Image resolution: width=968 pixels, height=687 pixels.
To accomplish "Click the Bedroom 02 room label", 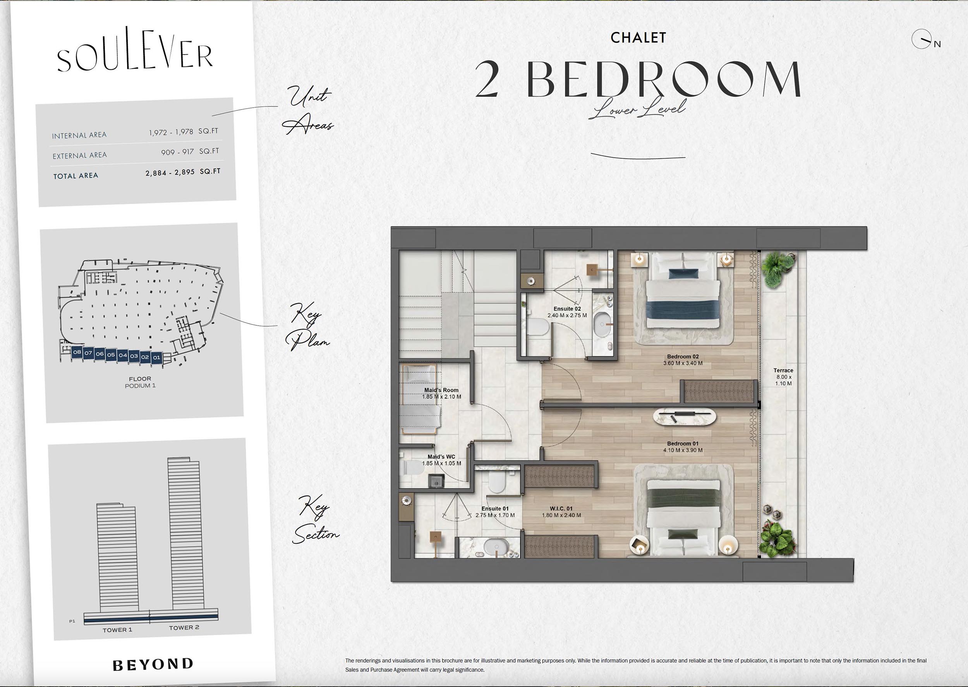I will pyautogui.click(x=683, y=357).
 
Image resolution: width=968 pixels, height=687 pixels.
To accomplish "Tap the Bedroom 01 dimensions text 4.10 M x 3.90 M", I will pyautogui.click(x=683, y=450).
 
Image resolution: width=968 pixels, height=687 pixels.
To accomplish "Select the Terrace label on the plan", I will pyautogui.click(x=783, y=370).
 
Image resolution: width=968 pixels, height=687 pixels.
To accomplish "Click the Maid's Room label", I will pyautogui.click(x=441, y=390).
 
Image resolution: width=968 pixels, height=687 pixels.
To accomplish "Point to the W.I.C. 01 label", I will pyautogui.click(x=561, y=508).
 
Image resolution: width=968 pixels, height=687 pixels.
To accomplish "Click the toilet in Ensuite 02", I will pyautogui.click(x=537, y=327).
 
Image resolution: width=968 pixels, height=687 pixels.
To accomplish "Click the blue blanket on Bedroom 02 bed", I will pyautogui.click(x=683, y=311).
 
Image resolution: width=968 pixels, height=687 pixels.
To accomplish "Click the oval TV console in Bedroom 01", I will pyautogui.click(x=685, y=417).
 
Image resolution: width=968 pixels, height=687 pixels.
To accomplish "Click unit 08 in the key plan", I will pyautogui.click(x=77, y=352).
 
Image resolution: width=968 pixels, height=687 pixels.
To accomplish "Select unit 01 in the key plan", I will pyautogui.click(x=156, y=357).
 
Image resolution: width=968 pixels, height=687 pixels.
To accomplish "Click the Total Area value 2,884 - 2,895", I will pyautogui.click(x=170, y=173).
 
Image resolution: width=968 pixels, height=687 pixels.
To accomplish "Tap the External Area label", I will pyautogui.click(x=79, y=156).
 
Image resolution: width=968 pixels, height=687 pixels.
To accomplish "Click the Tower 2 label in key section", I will pyautogui.click(x=184, y=628).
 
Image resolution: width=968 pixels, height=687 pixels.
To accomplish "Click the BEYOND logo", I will pyautogui.click(x=153, y=664).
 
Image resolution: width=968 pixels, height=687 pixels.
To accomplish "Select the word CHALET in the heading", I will pyautogui.click(x=638, y=38).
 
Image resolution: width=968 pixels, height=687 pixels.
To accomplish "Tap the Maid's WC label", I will pyautogui.click(x=441, y=457).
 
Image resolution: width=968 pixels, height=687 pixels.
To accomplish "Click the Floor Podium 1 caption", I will pyautogui.click(x=140, y=382).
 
